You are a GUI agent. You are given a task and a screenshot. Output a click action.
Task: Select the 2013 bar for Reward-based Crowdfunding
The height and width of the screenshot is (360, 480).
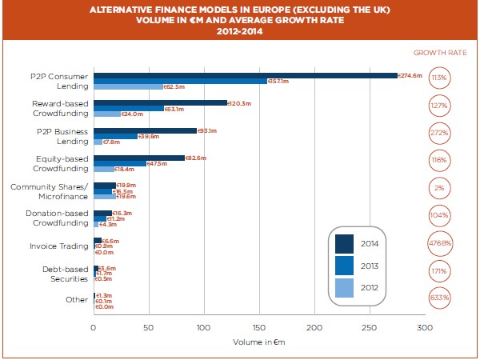coord(129,108)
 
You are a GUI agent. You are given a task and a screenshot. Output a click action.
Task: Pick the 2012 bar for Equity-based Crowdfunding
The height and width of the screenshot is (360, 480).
coord(104,170)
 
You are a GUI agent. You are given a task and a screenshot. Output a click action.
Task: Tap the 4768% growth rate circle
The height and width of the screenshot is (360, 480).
coord(438,244)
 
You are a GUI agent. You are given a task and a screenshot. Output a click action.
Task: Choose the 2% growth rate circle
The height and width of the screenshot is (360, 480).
coord(438,189)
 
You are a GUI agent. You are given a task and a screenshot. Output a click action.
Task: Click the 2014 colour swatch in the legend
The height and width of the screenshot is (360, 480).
coord(346,243)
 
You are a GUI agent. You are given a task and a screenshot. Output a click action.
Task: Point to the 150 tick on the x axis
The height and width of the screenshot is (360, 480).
coord(258,328)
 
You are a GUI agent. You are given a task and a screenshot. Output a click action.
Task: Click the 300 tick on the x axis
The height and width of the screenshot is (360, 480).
coord(424,328)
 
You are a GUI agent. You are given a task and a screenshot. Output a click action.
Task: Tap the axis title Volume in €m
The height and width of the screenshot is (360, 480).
coord(258,342)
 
